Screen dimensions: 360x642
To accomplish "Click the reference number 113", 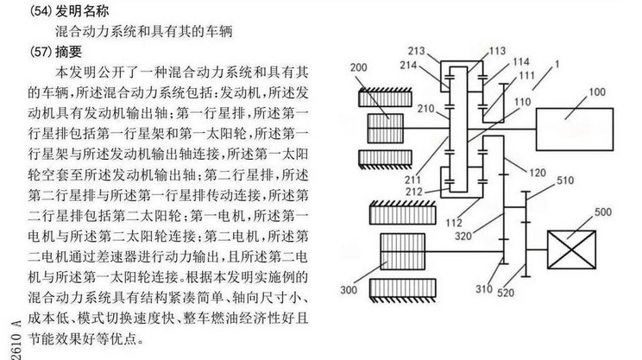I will coord(498,51).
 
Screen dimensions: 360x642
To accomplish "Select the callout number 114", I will coord(520,62).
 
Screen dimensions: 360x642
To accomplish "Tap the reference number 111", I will coord(526,78).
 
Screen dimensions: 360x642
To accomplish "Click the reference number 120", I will coord(536,174).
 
